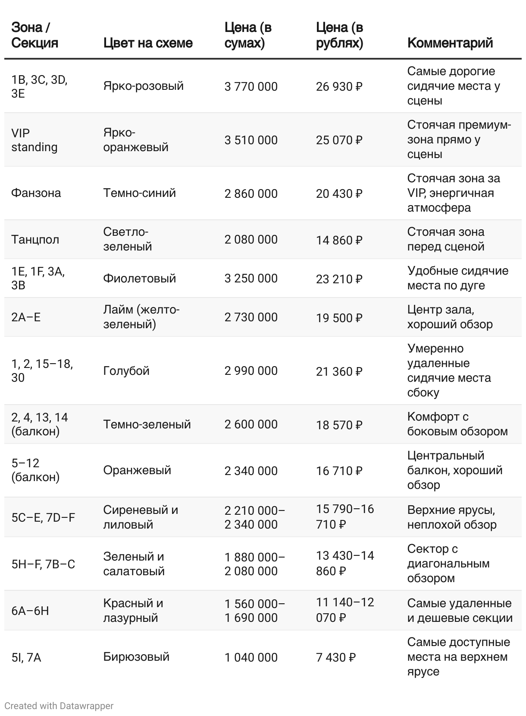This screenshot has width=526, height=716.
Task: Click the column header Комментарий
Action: pyautogui.click(x=450, y=43)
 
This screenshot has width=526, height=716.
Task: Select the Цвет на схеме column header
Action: pyautogui.click(x=147, y=43)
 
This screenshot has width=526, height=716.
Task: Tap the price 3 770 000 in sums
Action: pyautogui.click(x=251, y=86)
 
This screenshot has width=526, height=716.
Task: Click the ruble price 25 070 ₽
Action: pyautogui.click(x=339, y=140)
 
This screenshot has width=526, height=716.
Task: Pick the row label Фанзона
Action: pyautogui.click(x=36, y=193)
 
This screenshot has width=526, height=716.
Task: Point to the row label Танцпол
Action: pyautogui.click(x=35, y=239)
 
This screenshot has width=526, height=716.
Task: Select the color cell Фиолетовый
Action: pyautogui.click(x=139, y=278)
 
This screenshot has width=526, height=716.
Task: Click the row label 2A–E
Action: pyautogui.click(x=26, y=317)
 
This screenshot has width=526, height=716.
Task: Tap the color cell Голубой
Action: pyautogui.click(x=126, y=371)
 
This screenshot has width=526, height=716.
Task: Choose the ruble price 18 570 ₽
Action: pyautogui.click(x=339, y=425)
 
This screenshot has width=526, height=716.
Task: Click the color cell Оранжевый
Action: pyautogui.click(x=137, y=470)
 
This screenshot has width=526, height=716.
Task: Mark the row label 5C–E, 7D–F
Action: pyautogui.click(x=43, y=517)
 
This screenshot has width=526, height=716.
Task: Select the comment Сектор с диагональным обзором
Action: pyautogui.click(x=448, y=563)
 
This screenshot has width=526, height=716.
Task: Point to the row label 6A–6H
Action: pyautogui.click(x=30, y=610)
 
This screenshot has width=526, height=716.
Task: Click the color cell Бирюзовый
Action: pyautogui.click(x=136, y=657)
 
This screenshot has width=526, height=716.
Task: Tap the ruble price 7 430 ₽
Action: pyautogui.click(x=335, y=657)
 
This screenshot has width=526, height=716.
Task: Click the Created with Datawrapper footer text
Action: pyautogui.click(x=59, y=706)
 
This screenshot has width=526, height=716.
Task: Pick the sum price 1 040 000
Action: pyautogui.click(x=251, y=657)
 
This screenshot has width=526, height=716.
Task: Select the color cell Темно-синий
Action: pyautogui.click(x=139, y=193)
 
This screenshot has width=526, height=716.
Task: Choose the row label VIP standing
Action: pyautogui.click(x=34, y=140)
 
